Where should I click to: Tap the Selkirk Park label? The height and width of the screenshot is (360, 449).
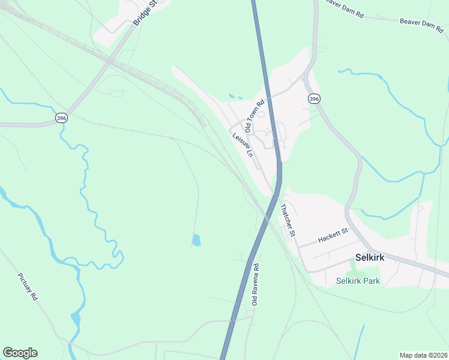tap(358, 281)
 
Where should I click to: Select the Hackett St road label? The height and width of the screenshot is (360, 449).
tap(333, 235)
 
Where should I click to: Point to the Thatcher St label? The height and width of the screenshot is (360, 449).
tap(289, 220)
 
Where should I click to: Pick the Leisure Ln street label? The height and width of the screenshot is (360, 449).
tap(243, 145)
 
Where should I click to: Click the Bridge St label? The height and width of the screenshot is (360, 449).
tap(145, 13)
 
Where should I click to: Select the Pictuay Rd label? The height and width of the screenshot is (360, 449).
tap(28, 287)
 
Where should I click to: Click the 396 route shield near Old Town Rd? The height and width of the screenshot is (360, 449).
tap(314, 98)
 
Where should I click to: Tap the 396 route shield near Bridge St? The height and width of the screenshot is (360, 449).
tap(61, 118)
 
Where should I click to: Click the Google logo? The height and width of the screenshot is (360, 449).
tap(20, 353)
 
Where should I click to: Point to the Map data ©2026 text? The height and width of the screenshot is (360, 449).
tap(424, 355)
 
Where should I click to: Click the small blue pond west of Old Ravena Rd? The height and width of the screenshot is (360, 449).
tap(196, 240)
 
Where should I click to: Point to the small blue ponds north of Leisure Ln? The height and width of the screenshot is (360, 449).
tap(234, 96)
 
